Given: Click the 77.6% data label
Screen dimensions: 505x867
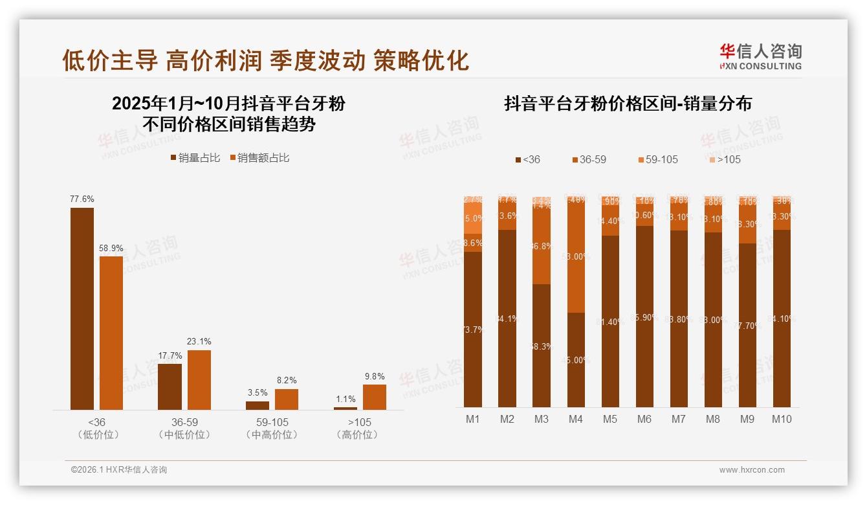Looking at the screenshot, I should pos(82,199).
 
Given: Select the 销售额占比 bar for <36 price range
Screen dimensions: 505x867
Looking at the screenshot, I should pos(111,333).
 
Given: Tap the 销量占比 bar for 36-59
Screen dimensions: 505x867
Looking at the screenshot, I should pos(170,387).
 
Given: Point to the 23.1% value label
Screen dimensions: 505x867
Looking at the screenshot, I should pos(199,341).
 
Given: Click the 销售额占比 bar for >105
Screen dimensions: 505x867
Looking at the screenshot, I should pos(375,397).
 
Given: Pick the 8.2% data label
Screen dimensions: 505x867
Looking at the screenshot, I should pos(287,380).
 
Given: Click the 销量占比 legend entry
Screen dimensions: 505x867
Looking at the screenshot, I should pos(195,158).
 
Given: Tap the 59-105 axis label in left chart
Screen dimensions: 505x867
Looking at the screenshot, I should pos(272,422).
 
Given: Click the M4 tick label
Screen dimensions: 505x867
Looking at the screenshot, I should pos(576,419).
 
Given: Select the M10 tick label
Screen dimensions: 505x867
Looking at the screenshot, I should pos(782,419).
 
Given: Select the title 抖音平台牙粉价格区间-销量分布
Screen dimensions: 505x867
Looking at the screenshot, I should pos(628,104).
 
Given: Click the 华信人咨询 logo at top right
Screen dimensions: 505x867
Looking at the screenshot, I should pos(760,56).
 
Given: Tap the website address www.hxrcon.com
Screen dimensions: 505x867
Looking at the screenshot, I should pos(752,470).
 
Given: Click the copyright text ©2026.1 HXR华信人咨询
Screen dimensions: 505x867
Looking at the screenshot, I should pos(118,470).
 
